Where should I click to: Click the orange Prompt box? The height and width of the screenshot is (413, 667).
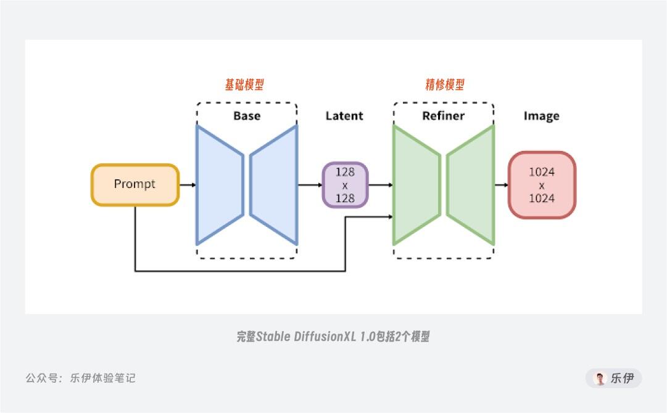point(135,184)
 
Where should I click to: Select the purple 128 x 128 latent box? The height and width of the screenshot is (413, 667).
point(345,184)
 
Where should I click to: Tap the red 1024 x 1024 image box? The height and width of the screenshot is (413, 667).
point(541,185)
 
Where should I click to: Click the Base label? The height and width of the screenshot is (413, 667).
point(246,116)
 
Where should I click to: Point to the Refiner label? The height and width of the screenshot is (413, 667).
point(443,116)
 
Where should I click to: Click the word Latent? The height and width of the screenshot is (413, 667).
point(344,116)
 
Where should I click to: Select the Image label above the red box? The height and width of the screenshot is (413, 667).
point(541,116)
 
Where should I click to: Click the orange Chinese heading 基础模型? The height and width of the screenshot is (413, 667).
point(244,85)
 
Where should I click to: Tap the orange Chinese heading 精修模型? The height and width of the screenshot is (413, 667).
point(444,85)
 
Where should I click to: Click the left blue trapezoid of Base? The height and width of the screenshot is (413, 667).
point(219,184)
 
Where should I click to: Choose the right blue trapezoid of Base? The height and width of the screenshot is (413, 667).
point(275,184)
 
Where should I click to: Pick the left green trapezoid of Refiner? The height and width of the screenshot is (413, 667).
point(416,184)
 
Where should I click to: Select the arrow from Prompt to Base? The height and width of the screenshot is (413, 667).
point(188,184)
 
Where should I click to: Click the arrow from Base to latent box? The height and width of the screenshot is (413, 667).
point(310,184)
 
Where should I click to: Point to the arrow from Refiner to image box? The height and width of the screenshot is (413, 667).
point(501,184)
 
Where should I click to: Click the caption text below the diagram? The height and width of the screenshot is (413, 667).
point(333,337)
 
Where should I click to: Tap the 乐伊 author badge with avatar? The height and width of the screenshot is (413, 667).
point(613,378)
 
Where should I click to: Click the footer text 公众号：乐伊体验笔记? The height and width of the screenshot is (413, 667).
point(81,378)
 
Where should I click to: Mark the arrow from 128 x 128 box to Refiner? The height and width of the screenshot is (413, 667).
point(381,184)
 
